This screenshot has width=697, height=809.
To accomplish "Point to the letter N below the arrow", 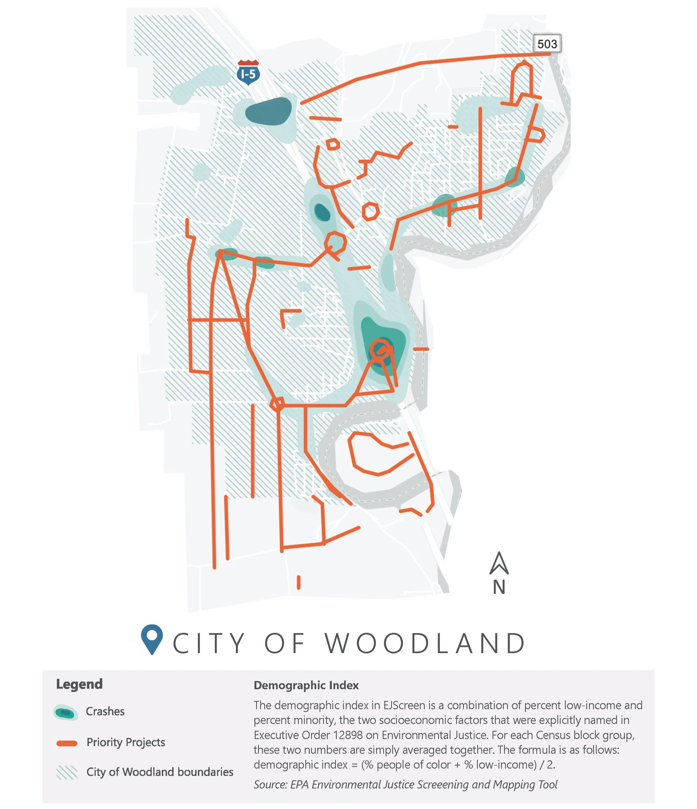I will [499, 587].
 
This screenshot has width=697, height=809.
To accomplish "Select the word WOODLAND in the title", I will [425, 644].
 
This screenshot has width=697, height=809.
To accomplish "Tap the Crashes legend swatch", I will [66, 712].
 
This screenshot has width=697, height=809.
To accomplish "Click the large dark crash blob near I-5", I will [268, 112].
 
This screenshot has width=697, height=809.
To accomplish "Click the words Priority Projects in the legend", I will [126, 742].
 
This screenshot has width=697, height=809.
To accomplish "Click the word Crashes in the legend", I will [105, 711].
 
